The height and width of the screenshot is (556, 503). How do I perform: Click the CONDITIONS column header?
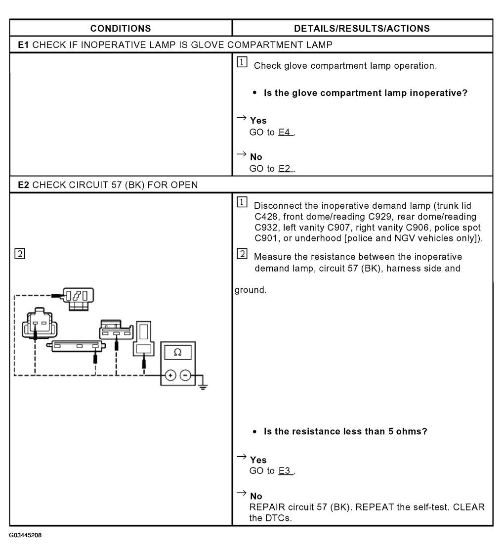point(121,28)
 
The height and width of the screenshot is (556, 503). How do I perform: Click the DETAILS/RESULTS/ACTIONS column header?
point(362,28)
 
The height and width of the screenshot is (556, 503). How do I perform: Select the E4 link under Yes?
point(285,132)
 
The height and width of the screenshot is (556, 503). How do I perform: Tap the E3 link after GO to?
point(285,471)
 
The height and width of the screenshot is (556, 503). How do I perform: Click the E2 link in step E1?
point(285,169)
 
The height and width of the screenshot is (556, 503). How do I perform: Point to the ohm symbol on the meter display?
point(178,352)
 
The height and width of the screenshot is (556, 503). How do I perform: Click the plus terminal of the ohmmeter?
point(171,375)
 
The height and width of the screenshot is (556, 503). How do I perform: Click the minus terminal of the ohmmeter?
point(185,375)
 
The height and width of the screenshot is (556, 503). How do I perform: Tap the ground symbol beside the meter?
point(203,386)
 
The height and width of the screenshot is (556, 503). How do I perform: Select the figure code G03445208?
point(25,535)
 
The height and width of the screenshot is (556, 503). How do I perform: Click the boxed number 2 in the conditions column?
point(20,254)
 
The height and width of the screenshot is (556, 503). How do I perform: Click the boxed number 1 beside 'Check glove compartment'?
point(242,62)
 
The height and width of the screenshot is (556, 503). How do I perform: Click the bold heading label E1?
point(23,45)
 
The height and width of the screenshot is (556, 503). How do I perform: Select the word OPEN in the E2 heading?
point(185,185)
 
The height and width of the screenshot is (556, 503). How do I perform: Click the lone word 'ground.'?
point(251,290)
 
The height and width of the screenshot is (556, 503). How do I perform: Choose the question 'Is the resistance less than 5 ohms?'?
point(345,431)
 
